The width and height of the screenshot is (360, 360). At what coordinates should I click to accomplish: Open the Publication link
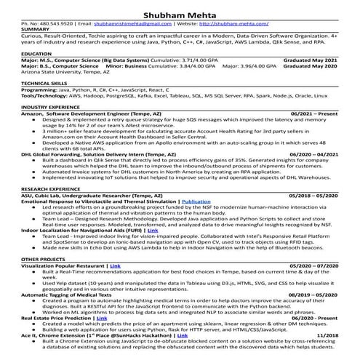[196, 201]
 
